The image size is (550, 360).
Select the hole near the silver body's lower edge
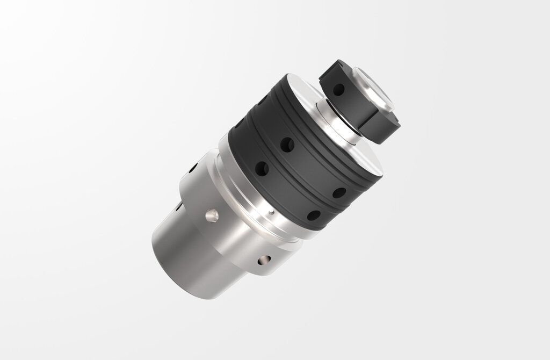click(263, 261)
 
